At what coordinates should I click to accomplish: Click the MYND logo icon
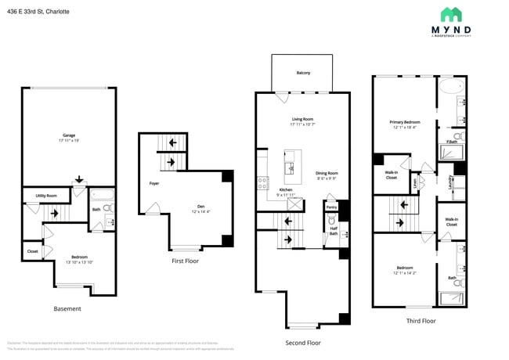(451, 14)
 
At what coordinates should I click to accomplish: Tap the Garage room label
(69, 135)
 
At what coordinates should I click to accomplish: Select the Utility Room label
(46, 196)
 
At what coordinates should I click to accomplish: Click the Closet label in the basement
(32, 251)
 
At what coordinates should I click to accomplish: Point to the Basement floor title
(67, 308)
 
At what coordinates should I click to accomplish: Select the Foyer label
(154, 184)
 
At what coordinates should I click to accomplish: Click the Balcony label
(303, 73)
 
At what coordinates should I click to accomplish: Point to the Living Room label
(302, 121)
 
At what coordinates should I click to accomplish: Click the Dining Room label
(327, 173)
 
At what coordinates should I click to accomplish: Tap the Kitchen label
(287, 190)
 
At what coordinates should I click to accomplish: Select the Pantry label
(331, 207)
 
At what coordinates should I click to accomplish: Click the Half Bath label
(333, 231)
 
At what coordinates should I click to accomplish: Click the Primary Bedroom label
(406, 122)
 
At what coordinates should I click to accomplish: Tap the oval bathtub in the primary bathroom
(450, 87)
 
